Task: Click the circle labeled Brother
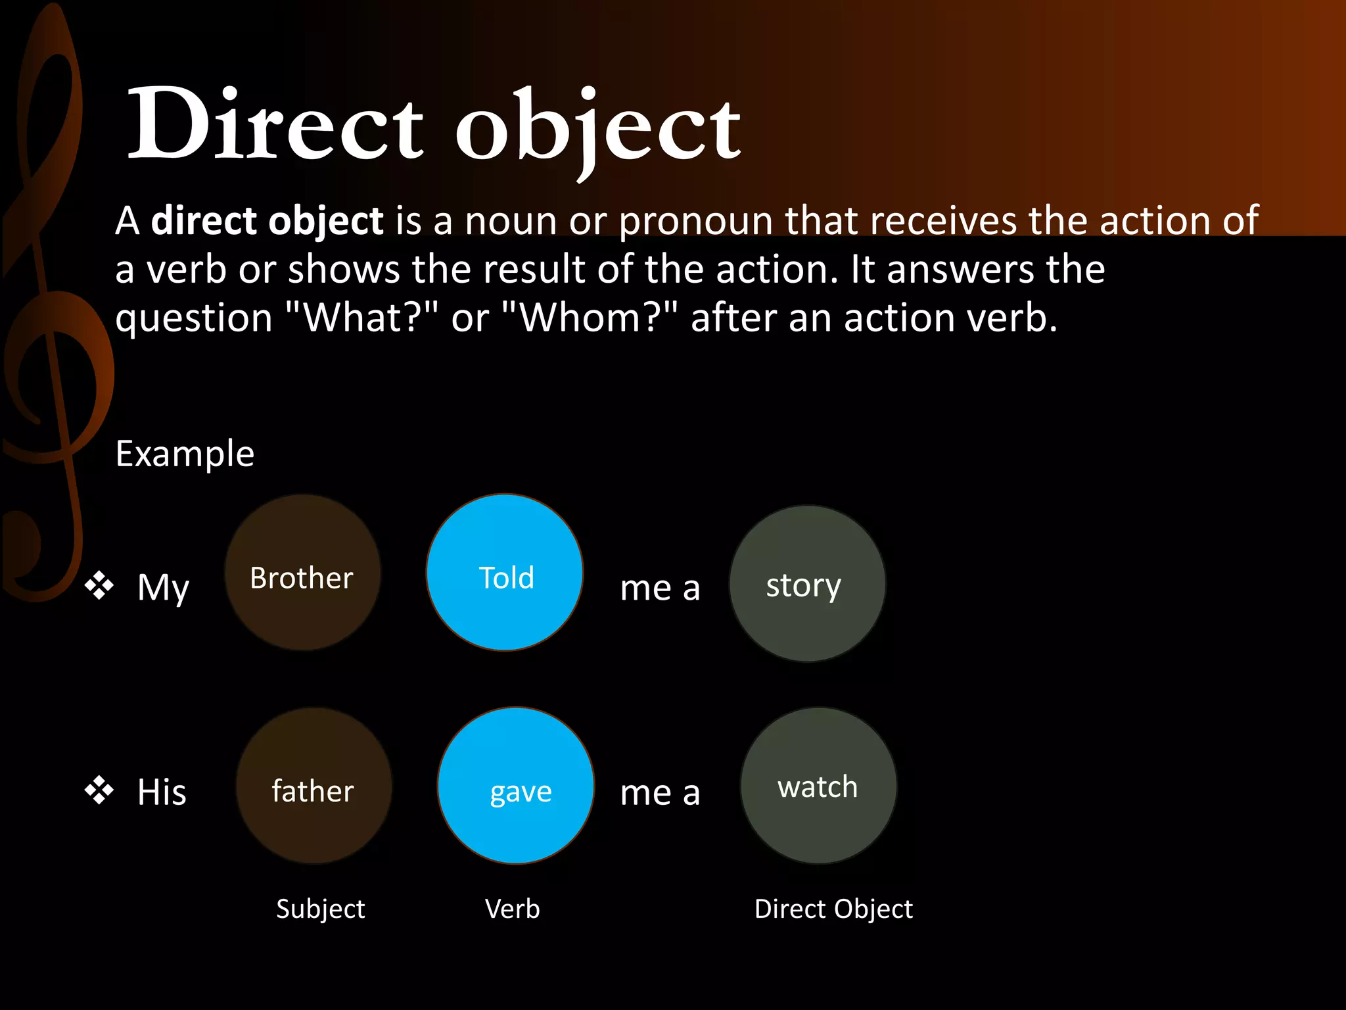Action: pos(302,573)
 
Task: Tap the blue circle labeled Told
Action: pos(505,573)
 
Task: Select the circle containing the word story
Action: pos(807,584)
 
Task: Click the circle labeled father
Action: pos(313,786)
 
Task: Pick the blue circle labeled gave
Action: pos(516,786)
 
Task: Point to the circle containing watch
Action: pos(818,786)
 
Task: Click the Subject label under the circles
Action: pos(320,909)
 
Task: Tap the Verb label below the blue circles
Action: pos(512,909)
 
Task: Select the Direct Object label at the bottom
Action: pos(833,909)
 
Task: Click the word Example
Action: pos(185,454)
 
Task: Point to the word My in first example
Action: pos(163,587)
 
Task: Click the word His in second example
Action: pos(162,791)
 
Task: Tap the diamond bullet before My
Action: pos(99,585)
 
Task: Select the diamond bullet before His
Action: pos(99,790)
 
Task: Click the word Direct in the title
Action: pos(276,125)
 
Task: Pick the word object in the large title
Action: pos(598,128)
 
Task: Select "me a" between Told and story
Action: pos(660,587)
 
